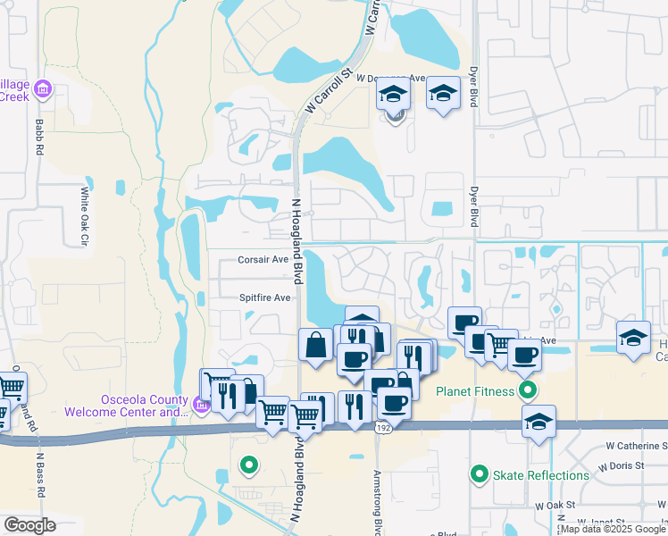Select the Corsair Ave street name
263,259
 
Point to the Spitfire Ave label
264,297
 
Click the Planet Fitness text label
475,391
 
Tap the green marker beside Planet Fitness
530,390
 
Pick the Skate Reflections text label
541,475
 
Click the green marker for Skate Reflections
480,474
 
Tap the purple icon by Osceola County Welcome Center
201,407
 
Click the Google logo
30,524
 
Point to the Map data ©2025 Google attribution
613,529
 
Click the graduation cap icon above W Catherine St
539,422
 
